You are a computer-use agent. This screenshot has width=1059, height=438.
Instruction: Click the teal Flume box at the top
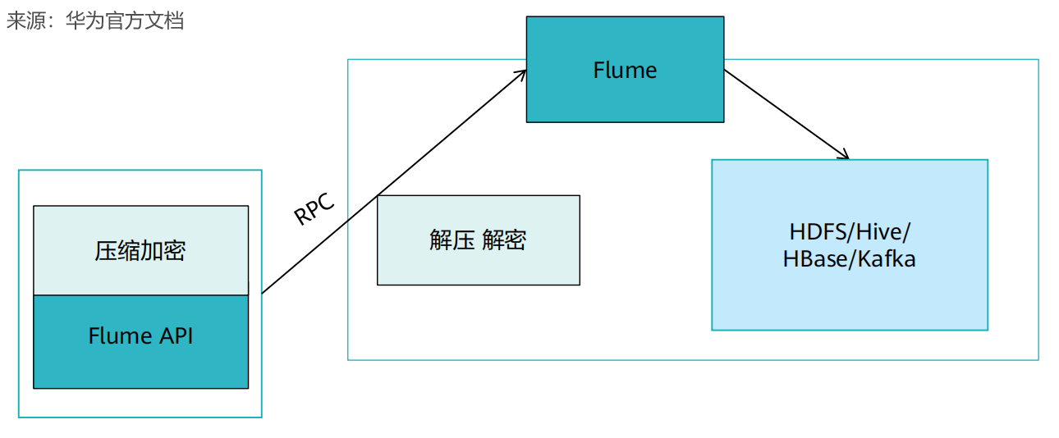(625, 70)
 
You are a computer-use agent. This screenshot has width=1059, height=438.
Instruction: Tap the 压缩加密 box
(140, 250)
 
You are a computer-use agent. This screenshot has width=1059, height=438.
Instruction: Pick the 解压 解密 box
(478, 240)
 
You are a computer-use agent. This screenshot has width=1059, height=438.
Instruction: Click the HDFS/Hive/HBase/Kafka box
(849, 244)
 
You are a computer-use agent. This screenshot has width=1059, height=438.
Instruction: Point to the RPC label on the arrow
(314, 210)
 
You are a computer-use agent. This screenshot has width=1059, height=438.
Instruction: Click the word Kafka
(887, 259)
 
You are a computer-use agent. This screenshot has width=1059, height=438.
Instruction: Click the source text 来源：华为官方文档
(95, 21)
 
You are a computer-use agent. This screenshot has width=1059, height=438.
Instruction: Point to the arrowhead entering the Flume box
(520, 75)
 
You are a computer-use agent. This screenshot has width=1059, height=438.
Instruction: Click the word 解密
(504, 240)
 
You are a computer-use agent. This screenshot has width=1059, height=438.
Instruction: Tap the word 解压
(451, 240)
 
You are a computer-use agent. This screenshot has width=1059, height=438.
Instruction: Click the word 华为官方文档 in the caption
(125, 21)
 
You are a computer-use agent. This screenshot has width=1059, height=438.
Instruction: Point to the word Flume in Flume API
(120, 335)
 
